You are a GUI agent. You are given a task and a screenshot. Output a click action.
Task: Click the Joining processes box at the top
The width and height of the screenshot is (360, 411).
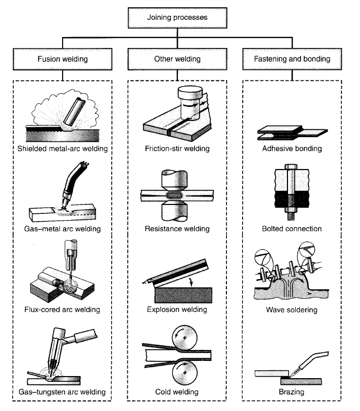point(177,17)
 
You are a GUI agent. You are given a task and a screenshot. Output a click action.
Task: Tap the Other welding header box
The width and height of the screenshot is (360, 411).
point(177,59)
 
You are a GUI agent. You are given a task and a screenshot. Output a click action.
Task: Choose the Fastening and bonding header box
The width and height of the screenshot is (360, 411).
point(294,59)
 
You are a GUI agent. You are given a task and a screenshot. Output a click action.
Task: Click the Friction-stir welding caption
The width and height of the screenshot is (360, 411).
point(177,149)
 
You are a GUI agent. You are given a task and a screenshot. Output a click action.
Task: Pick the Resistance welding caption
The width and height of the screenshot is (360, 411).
point(177,229)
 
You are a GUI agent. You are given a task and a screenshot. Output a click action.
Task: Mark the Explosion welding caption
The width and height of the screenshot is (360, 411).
point(177,310)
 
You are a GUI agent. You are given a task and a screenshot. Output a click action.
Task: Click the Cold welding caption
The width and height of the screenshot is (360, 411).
point(177,391)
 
